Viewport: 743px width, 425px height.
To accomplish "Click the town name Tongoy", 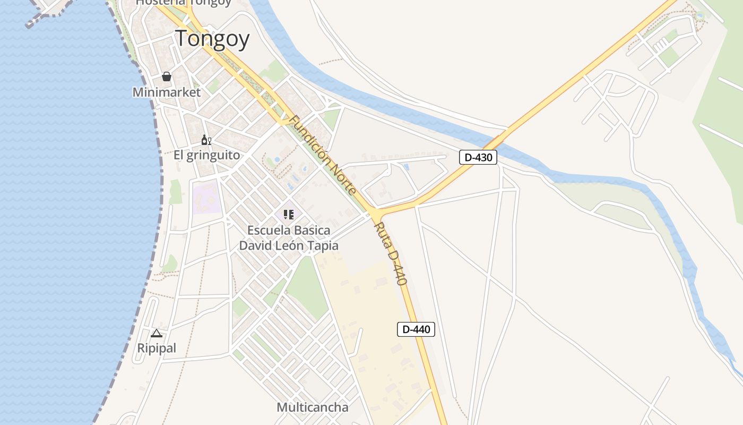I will [x=212, y=39].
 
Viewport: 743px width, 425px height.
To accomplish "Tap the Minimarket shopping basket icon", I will [x=167, y=76].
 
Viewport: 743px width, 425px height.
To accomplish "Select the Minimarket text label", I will [x=167, y=92].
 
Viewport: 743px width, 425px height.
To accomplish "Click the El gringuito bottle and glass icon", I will [x=206, y=140].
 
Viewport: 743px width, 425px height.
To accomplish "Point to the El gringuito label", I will [x=207, y=155].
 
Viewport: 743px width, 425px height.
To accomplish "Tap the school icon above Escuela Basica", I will [x=289, y=215].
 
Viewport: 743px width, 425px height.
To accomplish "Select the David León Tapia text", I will [x=289, y=245].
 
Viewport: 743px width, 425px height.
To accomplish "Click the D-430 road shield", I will [x=478, y=157].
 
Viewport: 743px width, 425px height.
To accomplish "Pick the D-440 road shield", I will [x=416, y=329].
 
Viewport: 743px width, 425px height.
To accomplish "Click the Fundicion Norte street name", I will [x=323, y=155].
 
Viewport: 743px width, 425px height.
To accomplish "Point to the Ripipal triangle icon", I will [x=156, y=334].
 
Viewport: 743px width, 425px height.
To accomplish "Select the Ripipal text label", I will [x=157, y=348].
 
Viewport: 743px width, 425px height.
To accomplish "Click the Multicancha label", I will [x=313, y=407].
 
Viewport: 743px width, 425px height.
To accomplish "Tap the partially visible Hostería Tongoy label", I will [x=184, y=3].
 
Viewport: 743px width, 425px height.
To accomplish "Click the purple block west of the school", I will [x=206, y=198].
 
